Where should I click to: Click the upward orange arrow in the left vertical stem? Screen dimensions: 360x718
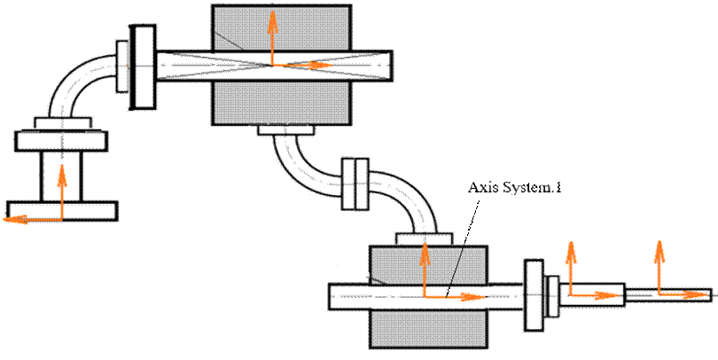[61, 186]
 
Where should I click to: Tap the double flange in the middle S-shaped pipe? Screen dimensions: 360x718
[354, 184]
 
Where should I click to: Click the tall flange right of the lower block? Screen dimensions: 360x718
[534, 294]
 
